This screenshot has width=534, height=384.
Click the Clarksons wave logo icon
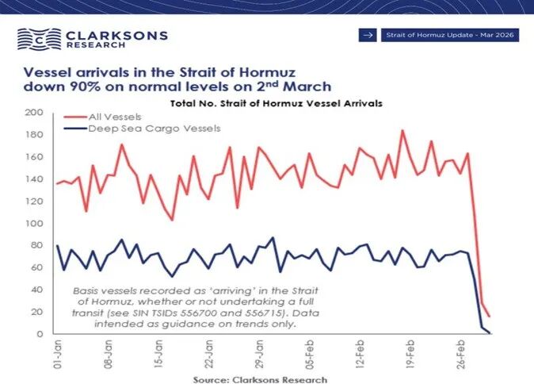coord(35,39)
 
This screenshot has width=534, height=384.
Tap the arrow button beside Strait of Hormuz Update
coord(367,35)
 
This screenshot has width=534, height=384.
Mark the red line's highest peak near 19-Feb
coord(402,130)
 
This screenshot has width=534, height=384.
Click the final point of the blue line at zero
coord(489,332)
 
